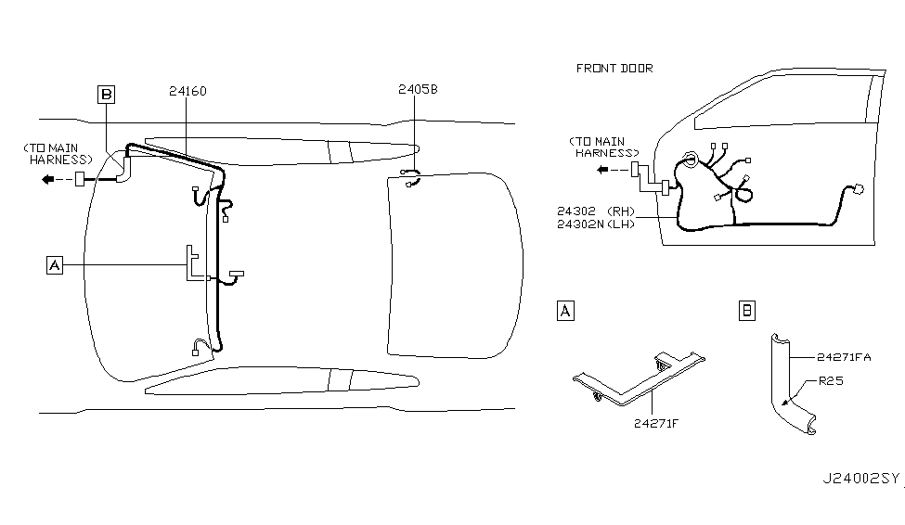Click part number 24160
187,91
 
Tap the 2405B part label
418,89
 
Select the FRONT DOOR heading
614,68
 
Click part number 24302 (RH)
596,211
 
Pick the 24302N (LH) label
596,224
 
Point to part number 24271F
656,424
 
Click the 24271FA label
844,357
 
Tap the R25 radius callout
831,381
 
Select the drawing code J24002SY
861,479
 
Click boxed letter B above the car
106,94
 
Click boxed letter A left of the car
54,265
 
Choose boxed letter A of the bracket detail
565,311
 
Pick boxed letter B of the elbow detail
747,311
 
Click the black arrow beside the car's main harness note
48,179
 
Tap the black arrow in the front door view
602,170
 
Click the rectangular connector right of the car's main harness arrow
80,179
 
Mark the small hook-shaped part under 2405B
410,178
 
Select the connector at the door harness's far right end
858,189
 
